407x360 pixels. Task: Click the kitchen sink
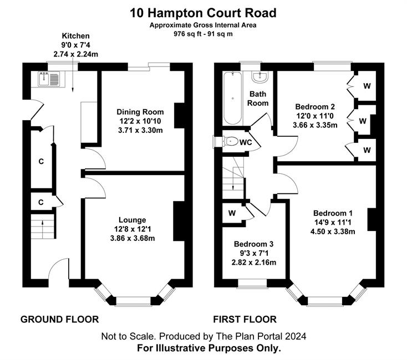click(x=49, y=79)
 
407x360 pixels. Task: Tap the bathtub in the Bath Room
click(x=232, y=97)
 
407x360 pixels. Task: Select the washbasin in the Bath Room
click(x=260, y=77)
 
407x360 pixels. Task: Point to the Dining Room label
click(x=140, y=112)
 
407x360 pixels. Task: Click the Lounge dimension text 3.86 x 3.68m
click(x=133, y=238)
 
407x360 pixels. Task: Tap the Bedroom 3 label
click(x=253, y=244)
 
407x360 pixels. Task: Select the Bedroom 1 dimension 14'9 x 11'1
click(x=333, y=222)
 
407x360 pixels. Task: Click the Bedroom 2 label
click(x=315, y=106)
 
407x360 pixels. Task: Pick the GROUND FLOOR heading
click(x=60, y=320)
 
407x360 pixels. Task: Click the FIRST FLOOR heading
click(x=245, y=320)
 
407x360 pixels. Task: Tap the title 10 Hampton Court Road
click(x=203, y=13)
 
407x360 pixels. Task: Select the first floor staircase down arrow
click(x=233, y=182)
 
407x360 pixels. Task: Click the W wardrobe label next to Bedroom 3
click(x=232, y=213)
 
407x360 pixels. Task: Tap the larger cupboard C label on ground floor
click(x=41, y=162)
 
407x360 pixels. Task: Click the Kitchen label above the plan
click(x=75, y=36)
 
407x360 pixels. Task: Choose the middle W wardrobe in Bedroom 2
click(x=363, y=121)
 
